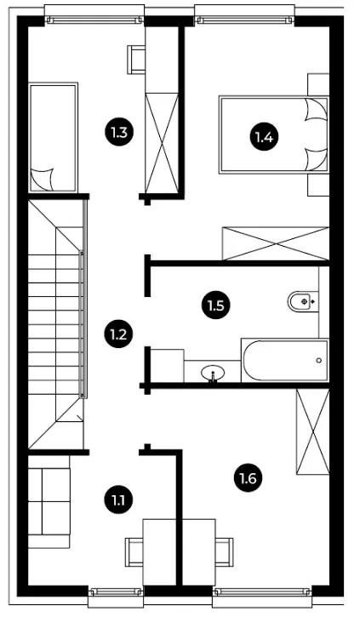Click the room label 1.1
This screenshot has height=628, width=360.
click(118, 500)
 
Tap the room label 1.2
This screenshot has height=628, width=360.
click(118, 334)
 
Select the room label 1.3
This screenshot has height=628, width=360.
click(118, 132)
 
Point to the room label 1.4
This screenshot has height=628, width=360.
click(264, 138)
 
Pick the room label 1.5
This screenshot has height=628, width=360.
click(216, 306)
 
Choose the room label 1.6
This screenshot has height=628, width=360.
click(249, 478)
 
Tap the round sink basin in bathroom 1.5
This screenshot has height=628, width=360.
click(213, 374)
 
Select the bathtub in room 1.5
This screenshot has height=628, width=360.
click(285, 360)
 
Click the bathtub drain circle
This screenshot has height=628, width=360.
click(319, 361)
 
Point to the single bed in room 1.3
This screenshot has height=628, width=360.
click(53, 137)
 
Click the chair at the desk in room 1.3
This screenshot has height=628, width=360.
click(136, 60)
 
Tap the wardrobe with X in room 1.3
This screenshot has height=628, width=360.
click(162, 143)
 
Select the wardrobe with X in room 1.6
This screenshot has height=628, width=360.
click(312, 431)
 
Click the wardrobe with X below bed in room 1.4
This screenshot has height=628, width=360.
click(276, 243)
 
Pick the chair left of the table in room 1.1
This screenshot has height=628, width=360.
click(134, 552)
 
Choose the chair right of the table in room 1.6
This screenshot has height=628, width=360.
click(224, 552)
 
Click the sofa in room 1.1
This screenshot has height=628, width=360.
click(49, 502)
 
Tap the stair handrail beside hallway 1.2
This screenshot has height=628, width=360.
click(83, 324)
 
